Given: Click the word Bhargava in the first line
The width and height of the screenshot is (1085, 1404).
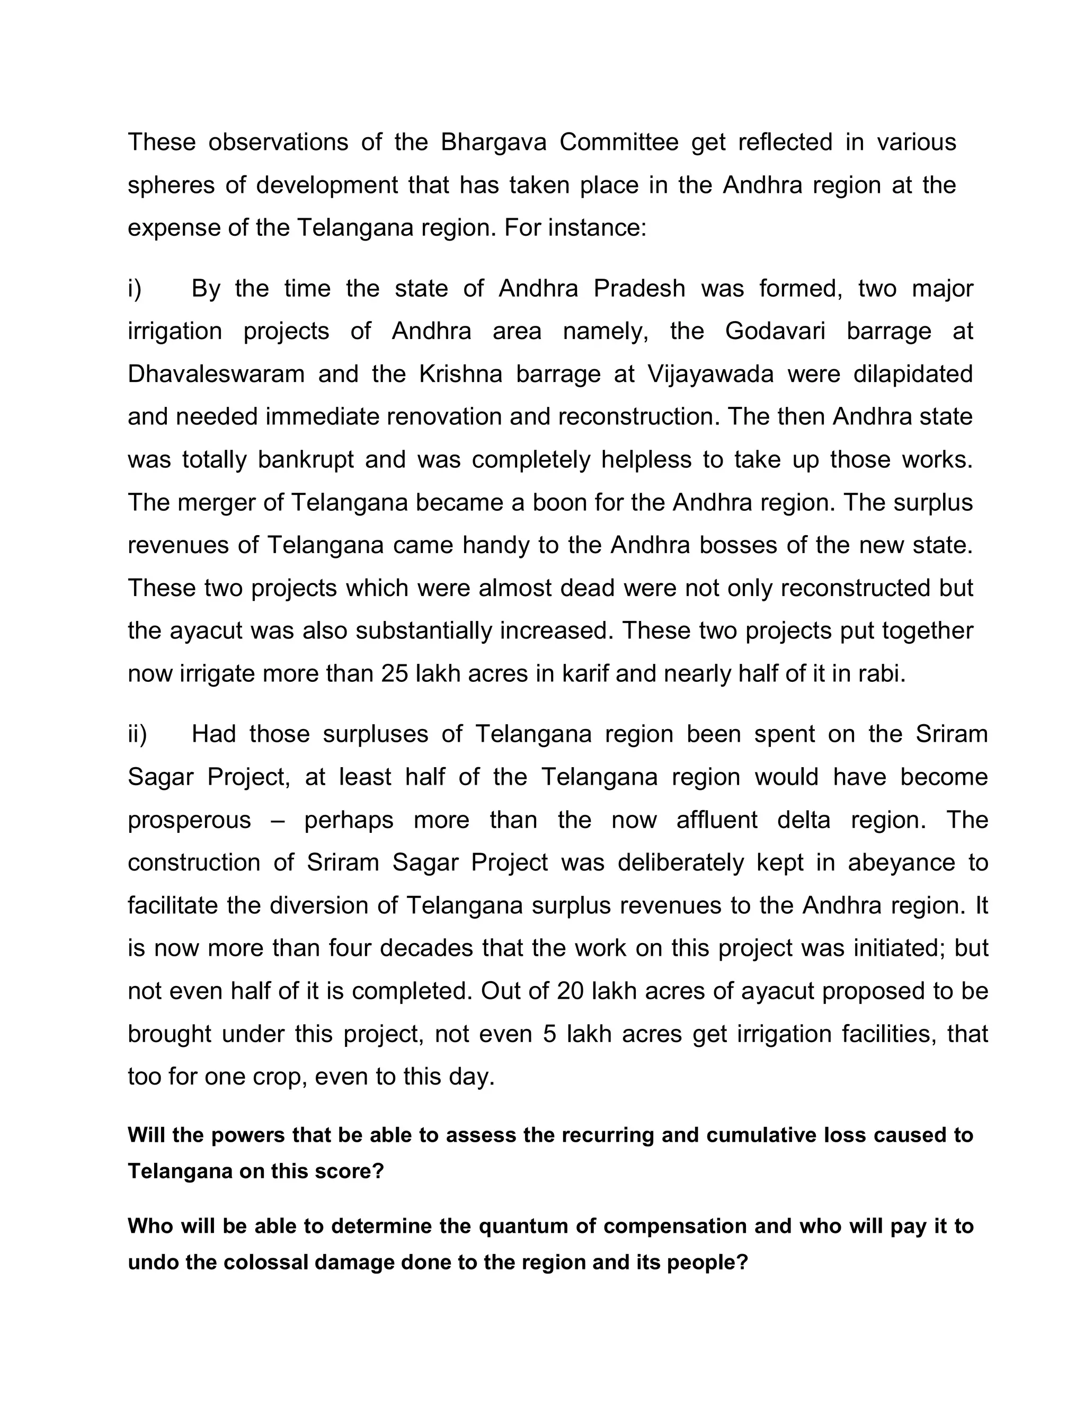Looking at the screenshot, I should (x=493, y=142).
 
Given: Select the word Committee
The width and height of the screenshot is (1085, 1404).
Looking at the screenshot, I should (x=618, y=142).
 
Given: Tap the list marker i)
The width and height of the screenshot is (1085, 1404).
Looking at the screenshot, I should (x=135, y=289).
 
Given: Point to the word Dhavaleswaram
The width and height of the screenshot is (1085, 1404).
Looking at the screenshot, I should (x=216, y=374).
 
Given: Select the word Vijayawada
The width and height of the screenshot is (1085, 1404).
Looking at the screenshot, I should (x=710, y=374).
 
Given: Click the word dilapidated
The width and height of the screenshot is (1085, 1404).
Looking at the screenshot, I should (x=913, y=374).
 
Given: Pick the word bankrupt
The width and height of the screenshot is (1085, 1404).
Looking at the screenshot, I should (x=305, y=460).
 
